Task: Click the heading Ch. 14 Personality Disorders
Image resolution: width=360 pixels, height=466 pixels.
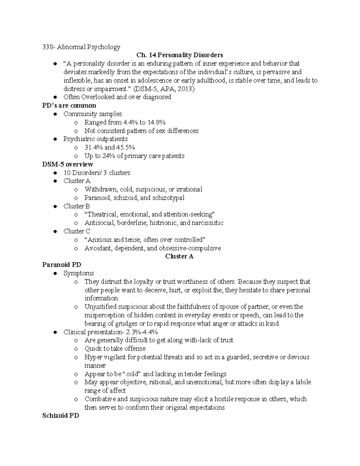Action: (x=179, y=55)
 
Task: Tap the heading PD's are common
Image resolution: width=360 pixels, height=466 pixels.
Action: (x=69, y=106)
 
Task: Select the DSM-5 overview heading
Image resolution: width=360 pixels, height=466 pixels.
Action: (x=67, y=164)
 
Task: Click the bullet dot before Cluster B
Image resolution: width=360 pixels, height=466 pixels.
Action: (x=55, y=206)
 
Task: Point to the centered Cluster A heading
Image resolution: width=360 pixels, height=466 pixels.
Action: (x=179, y=257)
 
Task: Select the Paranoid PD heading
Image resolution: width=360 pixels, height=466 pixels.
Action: (x=61, y=265)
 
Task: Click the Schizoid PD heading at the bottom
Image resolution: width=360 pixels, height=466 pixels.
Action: (x=60, y=416)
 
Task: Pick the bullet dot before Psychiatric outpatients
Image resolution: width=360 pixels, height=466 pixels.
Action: (x=55, y=139)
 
